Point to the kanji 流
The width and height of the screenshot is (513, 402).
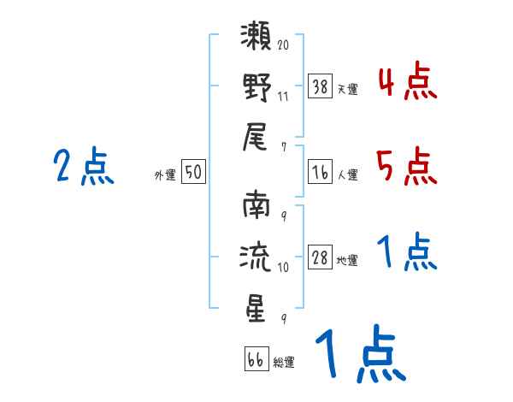click(256, 257)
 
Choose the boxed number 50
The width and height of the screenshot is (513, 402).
click(192, 172)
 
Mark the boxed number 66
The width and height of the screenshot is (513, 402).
click(255, 358)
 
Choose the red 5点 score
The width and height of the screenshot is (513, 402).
click(407, 166)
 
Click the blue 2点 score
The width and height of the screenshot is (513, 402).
click(83, 166)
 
